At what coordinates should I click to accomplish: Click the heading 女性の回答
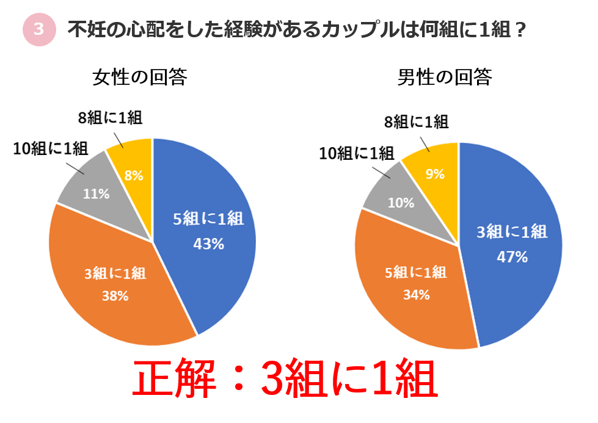139,78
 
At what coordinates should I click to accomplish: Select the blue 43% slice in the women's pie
208,232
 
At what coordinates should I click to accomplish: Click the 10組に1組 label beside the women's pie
50,148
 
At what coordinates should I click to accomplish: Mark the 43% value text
208,244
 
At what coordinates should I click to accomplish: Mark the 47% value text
511,256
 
